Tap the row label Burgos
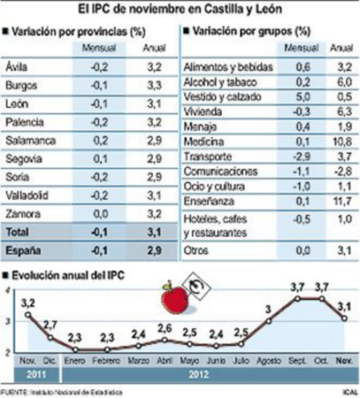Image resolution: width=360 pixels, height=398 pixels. pos(22,85)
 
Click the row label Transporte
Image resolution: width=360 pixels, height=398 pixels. pos(208,157)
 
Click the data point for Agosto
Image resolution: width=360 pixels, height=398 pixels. pos(269,321)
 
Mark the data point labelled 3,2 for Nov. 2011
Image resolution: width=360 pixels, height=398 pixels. pos(28,314)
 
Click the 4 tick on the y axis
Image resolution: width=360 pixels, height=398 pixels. pos(7,291)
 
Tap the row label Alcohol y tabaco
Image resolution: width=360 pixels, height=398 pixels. pos(220,82)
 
